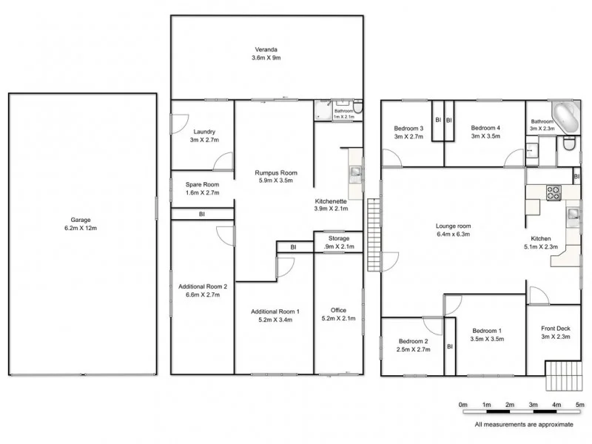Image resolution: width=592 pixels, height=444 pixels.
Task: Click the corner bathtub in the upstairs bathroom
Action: tap(568, 118)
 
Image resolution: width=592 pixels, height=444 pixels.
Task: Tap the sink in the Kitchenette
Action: tap(356, 173)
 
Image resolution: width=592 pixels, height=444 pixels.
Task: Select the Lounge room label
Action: tap(453, 226)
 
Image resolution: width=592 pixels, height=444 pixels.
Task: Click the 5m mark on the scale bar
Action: tap(580, 405)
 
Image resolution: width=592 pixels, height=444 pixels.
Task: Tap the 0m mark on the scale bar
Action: tap(463, 405)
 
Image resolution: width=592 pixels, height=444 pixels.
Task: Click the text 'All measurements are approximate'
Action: tap(524, 425)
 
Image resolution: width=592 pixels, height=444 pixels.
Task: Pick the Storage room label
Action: tap(339, 238)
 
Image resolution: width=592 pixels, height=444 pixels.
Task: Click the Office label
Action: tap(338, 310)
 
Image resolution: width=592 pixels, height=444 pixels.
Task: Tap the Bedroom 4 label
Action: tap(485, 127)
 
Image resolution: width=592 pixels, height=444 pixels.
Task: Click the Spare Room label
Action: tap(202, 184)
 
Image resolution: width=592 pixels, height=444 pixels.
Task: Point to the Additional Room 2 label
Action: tap(203, 286)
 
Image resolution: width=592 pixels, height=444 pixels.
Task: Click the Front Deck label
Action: tap(555, 329)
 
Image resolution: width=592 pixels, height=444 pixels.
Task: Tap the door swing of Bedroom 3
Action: tap(391, 157)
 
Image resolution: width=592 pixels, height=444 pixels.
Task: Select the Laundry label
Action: tap(204, 132)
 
